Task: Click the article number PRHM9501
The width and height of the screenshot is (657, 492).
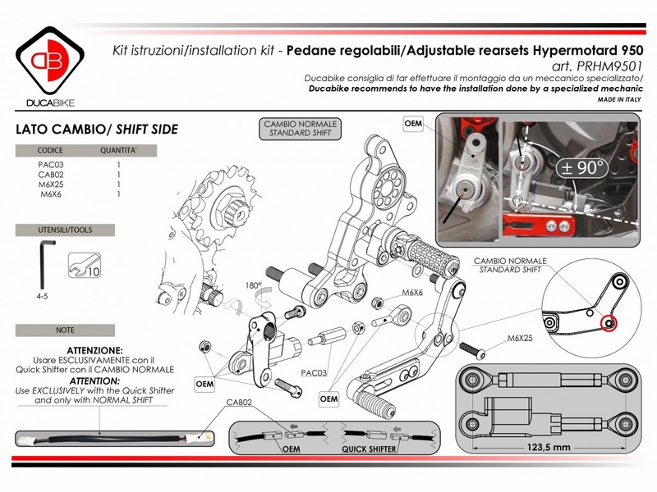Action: (x=609, y=66)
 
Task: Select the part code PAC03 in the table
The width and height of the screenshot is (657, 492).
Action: (x=51, y=165)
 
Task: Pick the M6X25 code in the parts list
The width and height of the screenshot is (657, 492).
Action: (x=51, y=184)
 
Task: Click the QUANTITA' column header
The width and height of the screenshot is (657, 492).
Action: (x=118, y=152)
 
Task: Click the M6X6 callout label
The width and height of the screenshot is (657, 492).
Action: (x=411, y=292)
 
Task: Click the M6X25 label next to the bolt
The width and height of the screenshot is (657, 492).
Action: (x=519, y=338)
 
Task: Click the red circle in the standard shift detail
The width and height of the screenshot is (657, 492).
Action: (x=609, y=323)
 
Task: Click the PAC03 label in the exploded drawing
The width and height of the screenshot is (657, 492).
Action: (x=313, y=372)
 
